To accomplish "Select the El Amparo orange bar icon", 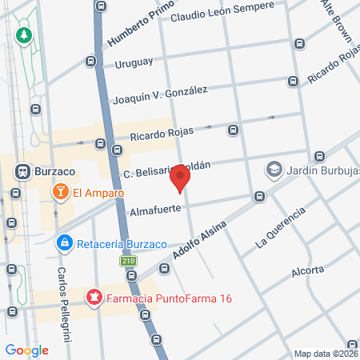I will click(59, 192).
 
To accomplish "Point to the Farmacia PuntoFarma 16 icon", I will click(94, 299).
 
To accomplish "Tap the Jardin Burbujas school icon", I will click(274, 169).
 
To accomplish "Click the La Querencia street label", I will click(280, 227).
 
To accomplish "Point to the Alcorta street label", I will click(309, 269).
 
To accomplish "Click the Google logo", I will click(26, 350).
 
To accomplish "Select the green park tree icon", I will click(25, 35).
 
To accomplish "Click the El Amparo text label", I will click(90, 192).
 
